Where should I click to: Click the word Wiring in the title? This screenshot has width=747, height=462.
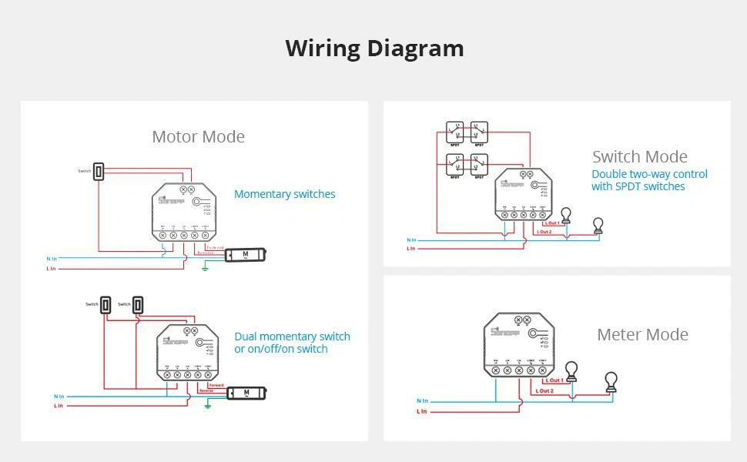click(x=323, y=49)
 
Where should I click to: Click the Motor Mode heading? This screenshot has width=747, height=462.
click(x=198, y=137)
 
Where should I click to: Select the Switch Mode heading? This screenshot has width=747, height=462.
click(x=639, y=157)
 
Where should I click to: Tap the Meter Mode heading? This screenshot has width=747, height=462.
click(x=642, y=335)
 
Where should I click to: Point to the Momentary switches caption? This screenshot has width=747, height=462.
click(x=285, y=194)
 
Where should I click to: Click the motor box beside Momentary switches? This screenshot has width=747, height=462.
click(x=246, y=254)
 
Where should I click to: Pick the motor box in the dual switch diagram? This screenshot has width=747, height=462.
click(x=246, y=393)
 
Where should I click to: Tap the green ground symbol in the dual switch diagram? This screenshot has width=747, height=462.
click(x=207, y=403)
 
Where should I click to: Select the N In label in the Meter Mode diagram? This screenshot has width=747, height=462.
click(x=422, y=401)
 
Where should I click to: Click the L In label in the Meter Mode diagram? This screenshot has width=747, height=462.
click(x=421, y=412)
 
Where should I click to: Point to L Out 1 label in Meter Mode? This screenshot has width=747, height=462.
click(x=554, y=380)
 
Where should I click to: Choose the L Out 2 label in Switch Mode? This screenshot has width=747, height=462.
click(x=544, y=232)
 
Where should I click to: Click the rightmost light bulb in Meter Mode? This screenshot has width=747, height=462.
click(x=611, y=381)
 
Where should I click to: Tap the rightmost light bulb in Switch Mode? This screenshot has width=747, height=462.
click(x=598, y=226)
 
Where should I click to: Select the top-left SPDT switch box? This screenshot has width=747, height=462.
click(x=455, y=132)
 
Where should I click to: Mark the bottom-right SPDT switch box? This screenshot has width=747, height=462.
click(x=479, y=164)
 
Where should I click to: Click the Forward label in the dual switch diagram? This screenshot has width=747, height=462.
click(x=216, y=385)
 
